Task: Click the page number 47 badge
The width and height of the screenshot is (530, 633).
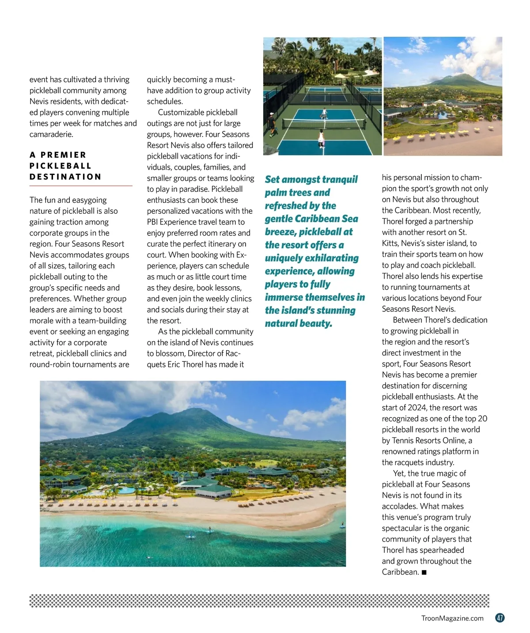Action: (500, 618)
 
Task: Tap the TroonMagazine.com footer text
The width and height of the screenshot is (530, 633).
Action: (452, 618)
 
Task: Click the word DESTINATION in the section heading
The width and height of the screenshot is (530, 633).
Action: (65, 177)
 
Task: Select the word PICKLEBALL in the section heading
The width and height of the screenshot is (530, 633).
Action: (61, 166)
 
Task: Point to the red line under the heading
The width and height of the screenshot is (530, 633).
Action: (81, 186)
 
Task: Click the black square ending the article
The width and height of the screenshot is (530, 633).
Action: (424, 572)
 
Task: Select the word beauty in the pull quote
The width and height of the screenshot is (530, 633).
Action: (314, 324)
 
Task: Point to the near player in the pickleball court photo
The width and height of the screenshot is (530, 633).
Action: (321, 138)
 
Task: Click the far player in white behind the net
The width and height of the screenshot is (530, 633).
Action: (324, 113)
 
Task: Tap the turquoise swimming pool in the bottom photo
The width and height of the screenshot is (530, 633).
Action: (127, 490)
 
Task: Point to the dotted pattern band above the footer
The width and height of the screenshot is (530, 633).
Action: (259, 601)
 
